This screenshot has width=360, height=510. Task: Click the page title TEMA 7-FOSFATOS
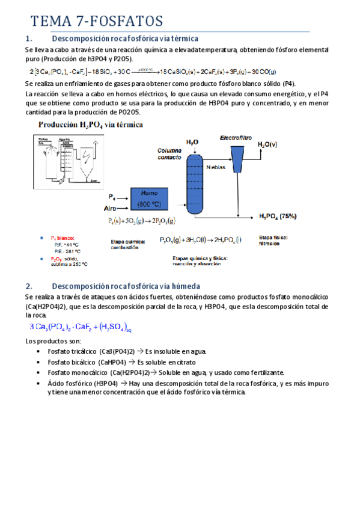pyautogui.click(x=97, y=22)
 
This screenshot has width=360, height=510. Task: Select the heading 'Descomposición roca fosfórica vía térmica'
pyautogui.click(x=125, y=38)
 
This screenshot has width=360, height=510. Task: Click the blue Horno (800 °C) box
pyautogui.click(x=148, y=201)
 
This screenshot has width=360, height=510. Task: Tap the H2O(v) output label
pyautogui.click(x=267, y=144)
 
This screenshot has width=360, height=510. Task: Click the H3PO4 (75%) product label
pyautogui.click(x=278, y=216)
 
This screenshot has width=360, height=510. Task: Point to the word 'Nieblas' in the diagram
pyautogui.click(x=216, y=168)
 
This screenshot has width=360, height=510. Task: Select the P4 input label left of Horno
pyautogui.click(x=112, y=197)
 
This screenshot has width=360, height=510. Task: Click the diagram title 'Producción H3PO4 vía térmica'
pyautogui.click(x=91, y=124)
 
